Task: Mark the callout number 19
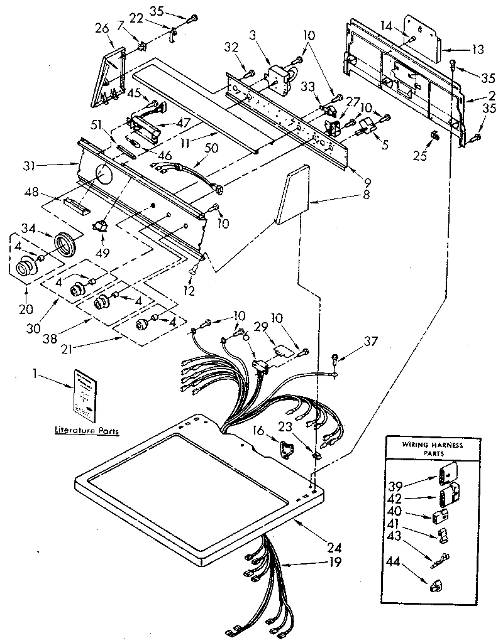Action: pyautogui.click(x=335, y=562)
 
